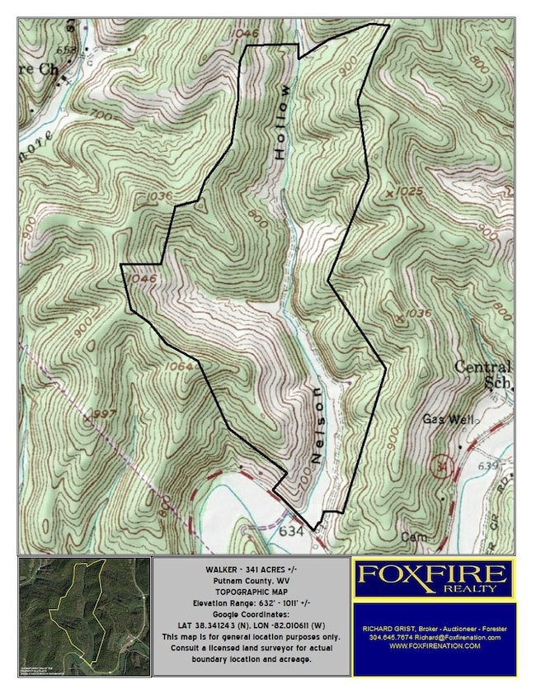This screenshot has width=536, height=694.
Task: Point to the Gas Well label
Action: click(x=449, y=420)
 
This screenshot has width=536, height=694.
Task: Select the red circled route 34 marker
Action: click(x=444, y=467)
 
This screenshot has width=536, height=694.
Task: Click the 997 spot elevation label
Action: click(x=104, y=413)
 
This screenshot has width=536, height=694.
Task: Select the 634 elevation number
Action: click(x=291, y=532)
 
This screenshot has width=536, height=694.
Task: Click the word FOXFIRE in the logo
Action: click(x=434, y=573)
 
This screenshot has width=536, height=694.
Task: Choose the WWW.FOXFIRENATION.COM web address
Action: click(x=434, y=645)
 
